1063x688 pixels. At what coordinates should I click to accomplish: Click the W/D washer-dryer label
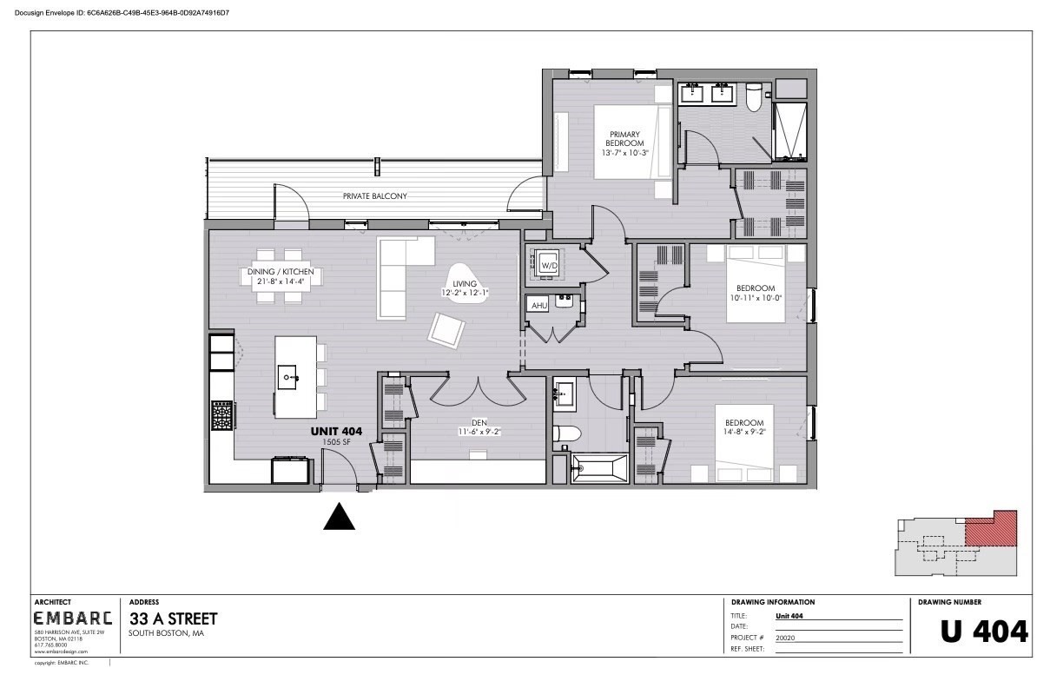coord(548,265)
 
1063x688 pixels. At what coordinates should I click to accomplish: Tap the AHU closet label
coord(538,307)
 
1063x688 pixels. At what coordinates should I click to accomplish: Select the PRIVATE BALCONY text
coord(374,196)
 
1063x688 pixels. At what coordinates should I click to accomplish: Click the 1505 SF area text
coord(336,442)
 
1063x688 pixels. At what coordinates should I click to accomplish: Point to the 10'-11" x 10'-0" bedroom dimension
coord(756,298)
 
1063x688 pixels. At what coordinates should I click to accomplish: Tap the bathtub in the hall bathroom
coord(599,469)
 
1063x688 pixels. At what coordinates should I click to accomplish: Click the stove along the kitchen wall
coord(221,415)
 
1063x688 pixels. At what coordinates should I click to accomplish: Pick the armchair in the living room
coord(447,329)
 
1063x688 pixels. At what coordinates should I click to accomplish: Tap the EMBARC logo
coord(73,619)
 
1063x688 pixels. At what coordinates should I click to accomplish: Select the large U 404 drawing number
coord(984,632)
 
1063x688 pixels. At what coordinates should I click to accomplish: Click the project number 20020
coord(785,637)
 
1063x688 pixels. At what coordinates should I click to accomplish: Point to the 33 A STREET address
coord(173,619)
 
